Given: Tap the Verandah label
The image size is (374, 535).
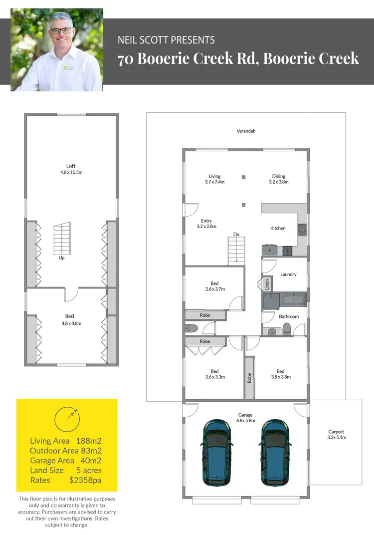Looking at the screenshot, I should coord(246,131).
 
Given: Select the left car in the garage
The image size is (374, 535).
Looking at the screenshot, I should coord(216,452).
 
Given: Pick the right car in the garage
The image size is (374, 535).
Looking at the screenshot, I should coord(274,452).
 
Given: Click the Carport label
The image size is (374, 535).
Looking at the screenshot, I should coord(336,432).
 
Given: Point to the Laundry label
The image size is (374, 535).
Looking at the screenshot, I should coord(288,274).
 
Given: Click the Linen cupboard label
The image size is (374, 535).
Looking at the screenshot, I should coord(267,284).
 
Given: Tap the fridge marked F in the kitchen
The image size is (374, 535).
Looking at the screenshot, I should coord(269,250).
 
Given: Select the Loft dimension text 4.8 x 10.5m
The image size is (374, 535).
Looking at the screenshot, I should coord(71,172).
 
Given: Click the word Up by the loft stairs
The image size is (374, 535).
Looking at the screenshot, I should coord(61,258).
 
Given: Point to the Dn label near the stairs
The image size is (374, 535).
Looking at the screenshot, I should coord(236,234).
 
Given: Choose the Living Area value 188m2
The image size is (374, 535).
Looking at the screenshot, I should coord(89,441).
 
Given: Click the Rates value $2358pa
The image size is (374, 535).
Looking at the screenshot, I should coord(85,480).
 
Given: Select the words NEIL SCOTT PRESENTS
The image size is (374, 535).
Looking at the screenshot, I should coord(166,40).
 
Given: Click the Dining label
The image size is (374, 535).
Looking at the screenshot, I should coord(279,176).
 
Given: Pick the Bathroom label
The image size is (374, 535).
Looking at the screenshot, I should coord(289,316).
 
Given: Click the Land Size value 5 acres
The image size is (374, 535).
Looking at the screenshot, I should coord(89,470).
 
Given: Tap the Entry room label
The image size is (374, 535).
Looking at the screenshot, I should coord(206,221).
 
